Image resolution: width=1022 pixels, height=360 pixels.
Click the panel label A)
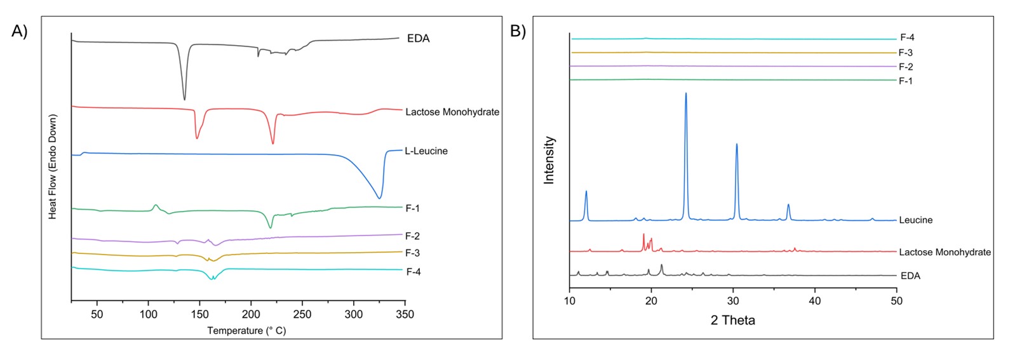click(20, 32)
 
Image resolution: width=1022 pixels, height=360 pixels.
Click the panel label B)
click(518, 31)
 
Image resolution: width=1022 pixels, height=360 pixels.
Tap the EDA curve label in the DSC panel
click(418, 39)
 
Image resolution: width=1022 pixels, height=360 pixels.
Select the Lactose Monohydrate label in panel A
click(452, 112)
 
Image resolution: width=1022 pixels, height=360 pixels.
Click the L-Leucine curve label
click(426, 151)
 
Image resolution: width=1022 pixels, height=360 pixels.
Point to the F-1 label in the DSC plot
click(412, 208)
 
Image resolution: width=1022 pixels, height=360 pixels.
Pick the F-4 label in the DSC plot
click(413, 272)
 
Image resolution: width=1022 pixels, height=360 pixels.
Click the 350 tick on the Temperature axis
click(405, 314)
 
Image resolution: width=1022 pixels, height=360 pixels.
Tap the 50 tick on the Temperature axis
click(97, 314)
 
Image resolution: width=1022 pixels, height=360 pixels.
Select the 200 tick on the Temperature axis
click(251, 314)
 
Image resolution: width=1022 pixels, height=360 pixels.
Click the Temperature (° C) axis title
click(246, 331)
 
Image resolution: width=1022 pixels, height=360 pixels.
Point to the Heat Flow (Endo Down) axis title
click(53, 167)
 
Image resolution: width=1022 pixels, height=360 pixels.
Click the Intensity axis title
click(549, 160)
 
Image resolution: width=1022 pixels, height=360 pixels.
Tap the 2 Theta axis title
click(732, 321)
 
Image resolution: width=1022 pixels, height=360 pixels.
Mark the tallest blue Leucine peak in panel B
click(686, 94)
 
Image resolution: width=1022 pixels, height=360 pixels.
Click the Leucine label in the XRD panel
click(915, 220)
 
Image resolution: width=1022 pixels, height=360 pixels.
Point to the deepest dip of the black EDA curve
click(184, 99)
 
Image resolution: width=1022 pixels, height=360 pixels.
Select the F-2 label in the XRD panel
click(906, 67)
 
